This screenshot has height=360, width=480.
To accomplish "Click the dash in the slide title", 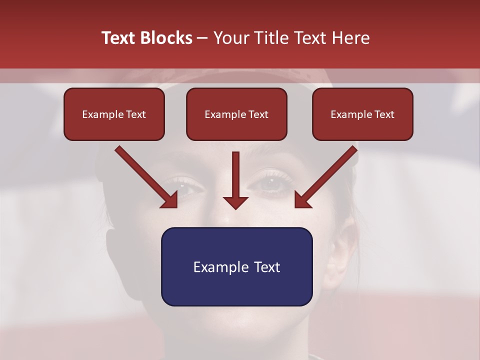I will [x=202, y=38].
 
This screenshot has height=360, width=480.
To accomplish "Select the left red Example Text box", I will [x=114, y=114].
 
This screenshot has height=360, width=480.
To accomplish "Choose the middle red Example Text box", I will [x=236, y=114].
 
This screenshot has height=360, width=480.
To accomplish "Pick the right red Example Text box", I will [x=362, y=114].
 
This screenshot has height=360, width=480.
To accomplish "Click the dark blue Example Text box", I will [x=236, y=266].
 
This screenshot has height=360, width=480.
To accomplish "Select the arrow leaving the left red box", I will [x=145, y=175].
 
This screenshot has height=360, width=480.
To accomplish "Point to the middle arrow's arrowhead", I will [x=235, y=202].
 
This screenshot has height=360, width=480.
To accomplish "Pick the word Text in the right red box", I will [x=384, y=114].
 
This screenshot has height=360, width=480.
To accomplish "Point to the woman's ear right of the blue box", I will [x=336, y=255].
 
